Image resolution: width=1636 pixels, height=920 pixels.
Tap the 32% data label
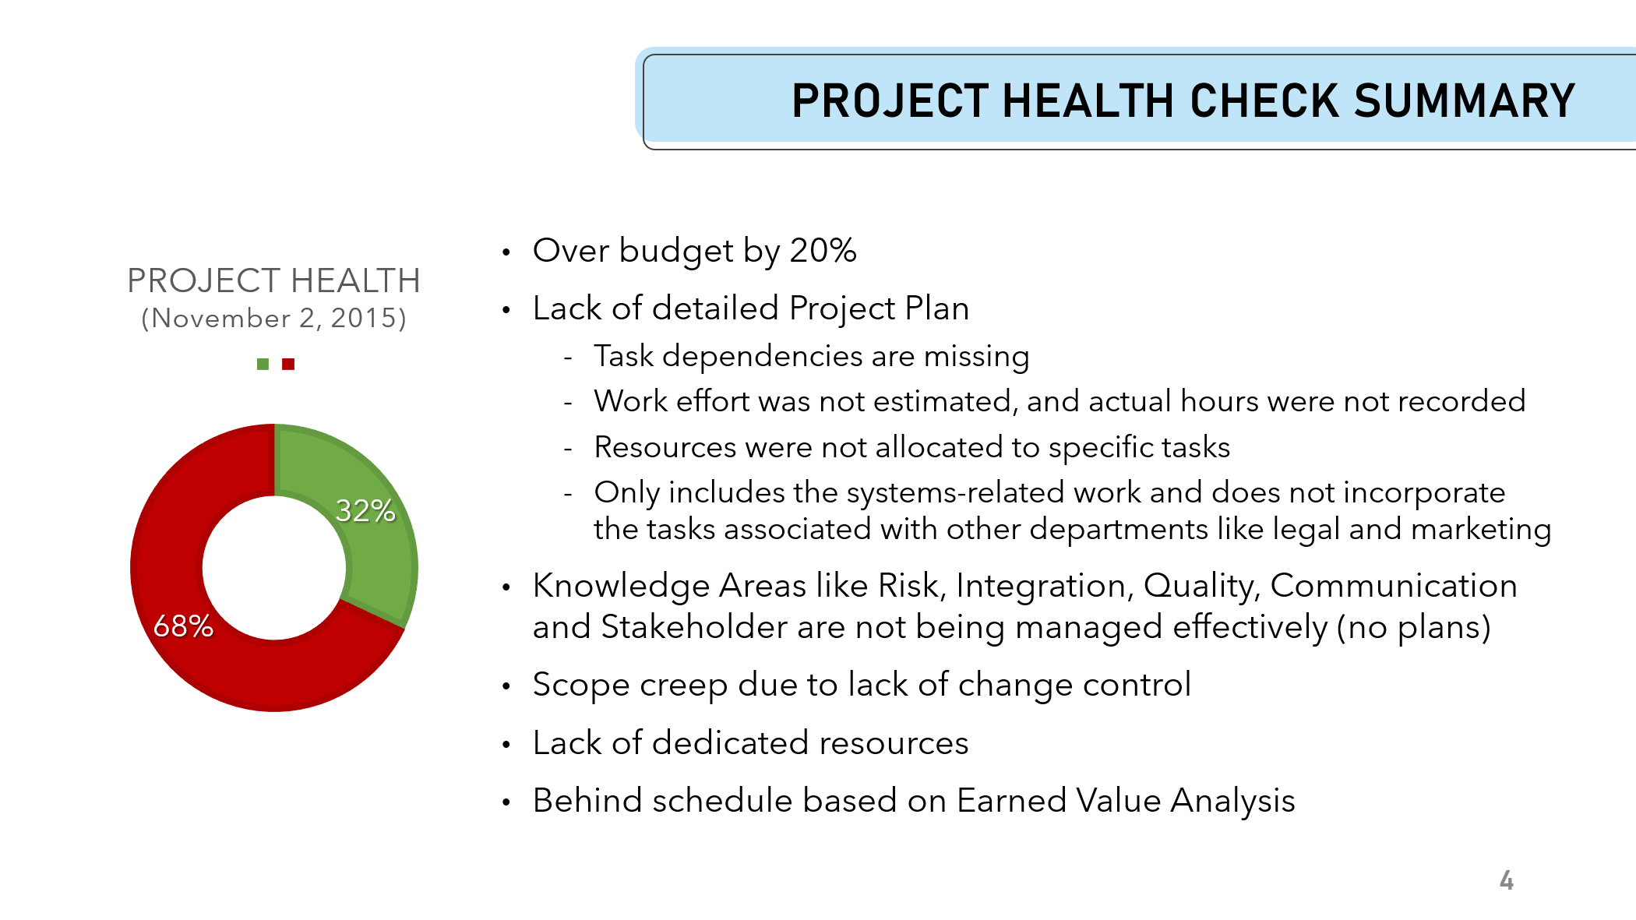(365, 511)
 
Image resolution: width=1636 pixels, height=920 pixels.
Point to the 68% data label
(183, 626)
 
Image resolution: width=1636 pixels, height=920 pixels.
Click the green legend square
(263, 364)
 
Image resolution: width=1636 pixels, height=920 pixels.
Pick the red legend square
(288, 364)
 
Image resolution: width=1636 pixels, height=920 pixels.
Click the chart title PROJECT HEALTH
(273, 280)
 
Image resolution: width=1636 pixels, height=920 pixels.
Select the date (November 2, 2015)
(273, 318)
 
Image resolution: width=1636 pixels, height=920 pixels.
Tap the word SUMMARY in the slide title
(1465, 101)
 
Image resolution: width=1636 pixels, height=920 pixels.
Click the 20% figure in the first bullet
(823, 251)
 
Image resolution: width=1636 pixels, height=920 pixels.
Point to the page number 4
(1507, 880)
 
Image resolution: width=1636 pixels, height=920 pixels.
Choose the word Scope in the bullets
(581, 686)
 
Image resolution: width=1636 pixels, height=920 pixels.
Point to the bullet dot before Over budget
(506, 252)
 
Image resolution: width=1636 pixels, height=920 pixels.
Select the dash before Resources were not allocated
(569, 449)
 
